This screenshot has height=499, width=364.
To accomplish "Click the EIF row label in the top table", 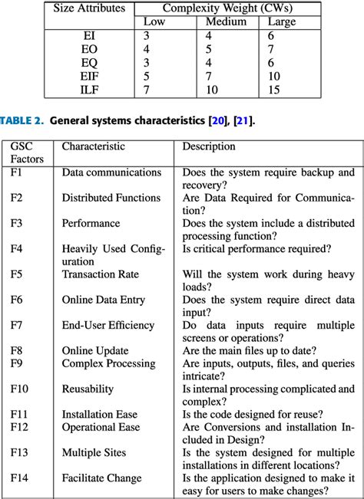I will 90,76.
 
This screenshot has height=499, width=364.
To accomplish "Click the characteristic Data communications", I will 111,172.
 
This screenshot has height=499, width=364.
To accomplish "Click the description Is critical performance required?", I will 256,248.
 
